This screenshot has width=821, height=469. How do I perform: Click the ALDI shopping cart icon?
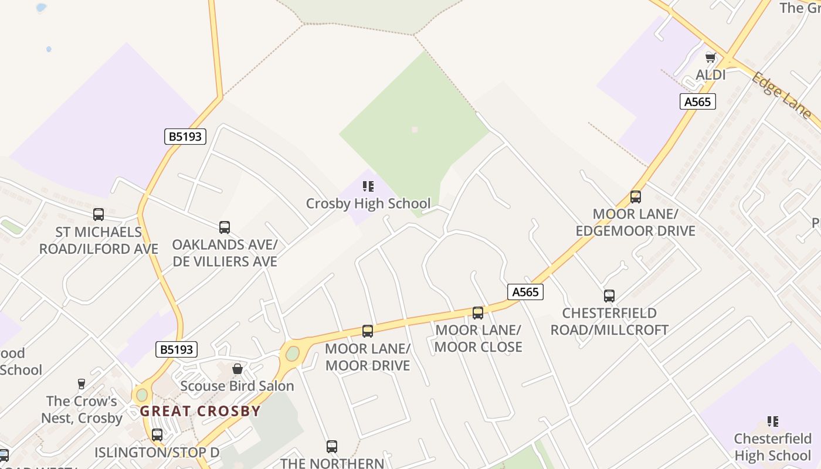point(711,57)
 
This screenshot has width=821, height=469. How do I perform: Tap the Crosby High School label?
point(368,203)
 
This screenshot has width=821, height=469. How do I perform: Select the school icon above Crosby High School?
point(368,187)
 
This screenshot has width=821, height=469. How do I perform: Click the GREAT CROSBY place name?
point(200,411)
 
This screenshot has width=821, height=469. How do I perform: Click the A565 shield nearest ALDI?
point(698,101)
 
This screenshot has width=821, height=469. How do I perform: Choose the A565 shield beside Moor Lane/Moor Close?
point(525,292)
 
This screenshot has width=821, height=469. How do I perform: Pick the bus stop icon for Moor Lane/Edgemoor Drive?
point(636,197)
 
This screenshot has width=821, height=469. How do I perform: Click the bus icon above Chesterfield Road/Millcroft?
point(609,296)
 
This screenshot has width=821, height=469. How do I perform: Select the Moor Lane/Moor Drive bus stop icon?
point(368,331)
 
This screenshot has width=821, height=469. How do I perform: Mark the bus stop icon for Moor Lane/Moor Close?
point(478,312)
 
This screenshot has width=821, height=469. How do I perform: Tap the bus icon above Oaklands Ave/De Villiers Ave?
point(225,227)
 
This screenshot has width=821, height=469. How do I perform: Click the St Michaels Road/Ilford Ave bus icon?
point(99,215)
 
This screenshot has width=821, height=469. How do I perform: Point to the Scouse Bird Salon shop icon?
point(238,369)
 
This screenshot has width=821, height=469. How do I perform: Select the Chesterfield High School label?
point(773,447)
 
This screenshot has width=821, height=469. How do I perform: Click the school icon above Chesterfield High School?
point(773,422)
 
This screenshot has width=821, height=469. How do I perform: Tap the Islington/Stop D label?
point(157,453)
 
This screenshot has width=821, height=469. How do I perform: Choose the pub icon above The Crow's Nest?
point(82,384)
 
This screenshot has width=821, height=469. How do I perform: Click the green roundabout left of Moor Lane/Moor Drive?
point(292,354)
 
